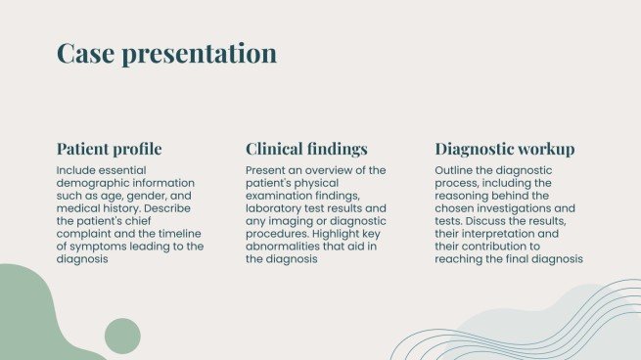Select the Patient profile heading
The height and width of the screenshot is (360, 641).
[110, 150]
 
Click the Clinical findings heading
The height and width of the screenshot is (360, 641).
[306, 150]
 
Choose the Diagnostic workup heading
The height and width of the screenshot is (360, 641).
[505, 150]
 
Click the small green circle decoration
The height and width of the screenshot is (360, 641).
[122, 336]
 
